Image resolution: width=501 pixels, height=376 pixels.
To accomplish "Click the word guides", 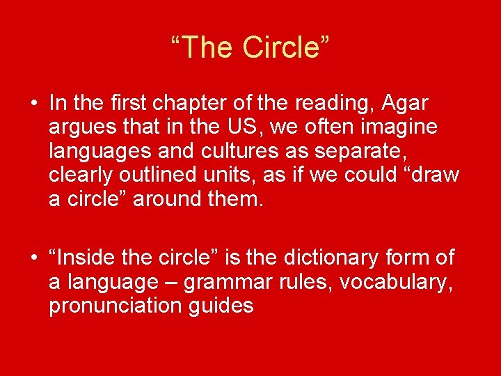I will tap(222, 306).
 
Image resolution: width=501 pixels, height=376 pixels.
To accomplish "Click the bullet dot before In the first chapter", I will tap(33, 104).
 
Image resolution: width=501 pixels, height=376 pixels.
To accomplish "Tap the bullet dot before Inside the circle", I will tap(33, 258).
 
